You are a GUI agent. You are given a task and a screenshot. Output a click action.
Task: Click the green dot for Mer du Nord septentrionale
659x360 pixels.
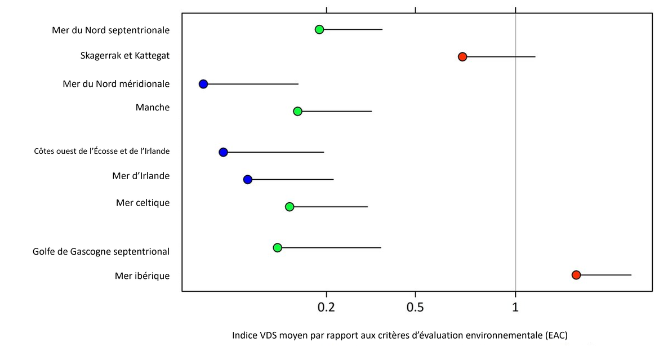[x=319, y=29]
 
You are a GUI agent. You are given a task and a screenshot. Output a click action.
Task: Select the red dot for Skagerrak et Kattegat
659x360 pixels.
[x=462, y=56]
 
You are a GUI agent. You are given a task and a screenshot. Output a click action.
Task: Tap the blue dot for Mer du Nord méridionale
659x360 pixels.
[x=203, y=84]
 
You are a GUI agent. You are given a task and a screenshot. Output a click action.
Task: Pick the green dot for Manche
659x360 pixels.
[x=297, y=111]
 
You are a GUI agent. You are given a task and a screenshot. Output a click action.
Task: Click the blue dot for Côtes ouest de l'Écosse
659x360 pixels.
[x=223, y=152]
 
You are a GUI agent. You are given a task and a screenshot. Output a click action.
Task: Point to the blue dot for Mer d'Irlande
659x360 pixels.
[x=247, y=179]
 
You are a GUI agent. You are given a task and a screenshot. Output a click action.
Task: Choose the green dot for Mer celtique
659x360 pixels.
[x=290, y=207]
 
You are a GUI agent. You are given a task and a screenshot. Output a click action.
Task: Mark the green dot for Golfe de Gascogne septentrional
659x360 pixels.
[x=277, y=247]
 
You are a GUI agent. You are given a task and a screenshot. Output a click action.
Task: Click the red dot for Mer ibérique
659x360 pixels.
[x=576, y=275]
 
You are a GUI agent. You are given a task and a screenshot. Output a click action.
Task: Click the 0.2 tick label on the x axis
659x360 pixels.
[x=326, y=307]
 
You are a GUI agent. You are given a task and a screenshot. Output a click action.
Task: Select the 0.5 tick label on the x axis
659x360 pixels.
[x=415, y=307]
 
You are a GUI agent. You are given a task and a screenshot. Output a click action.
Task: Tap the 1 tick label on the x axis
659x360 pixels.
[x=515, y=307]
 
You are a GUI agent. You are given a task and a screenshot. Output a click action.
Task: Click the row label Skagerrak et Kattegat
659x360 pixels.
[x=124, y=56]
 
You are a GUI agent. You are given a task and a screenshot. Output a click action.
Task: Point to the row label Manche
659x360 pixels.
[x=152, y=107]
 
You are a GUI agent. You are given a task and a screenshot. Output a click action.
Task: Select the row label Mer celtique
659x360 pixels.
[x=143, y=202]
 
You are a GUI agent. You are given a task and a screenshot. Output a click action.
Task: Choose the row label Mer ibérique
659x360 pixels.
[x=142, y=275]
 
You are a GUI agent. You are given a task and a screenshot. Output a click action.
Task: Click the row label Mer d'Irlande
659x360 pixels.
[x=141, y=176]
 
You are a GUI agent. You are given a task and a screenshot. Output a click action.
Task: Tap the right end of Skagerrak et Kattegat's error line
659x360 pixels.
[x=535, y=56]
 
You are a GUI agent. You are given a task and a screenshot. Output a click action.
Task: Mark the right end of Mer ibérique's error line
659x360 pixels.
[x=631, y=275]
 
